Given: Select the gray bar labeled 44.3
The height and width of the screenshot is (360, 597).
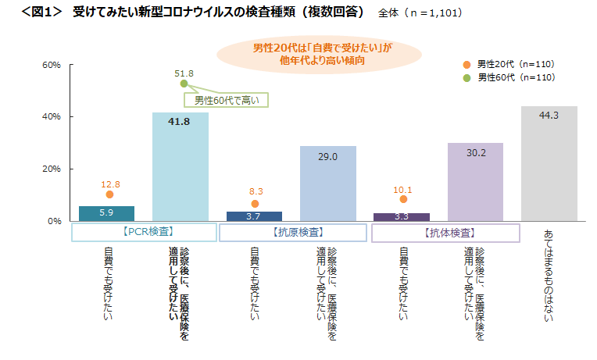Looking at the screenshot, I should pos(549,163).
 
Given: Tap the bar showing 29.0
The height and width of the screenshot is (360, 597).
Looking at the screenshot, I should pos(327,184).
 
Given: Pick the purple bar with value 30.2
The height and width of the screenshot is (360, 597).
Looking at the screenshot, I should pos(475,182).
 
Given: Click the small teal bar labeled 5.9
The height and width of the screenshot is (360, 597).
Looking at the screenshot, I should pos(106,213).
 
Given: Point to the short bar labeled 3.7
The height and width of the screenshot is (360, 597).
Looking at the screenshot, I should pos(254,216).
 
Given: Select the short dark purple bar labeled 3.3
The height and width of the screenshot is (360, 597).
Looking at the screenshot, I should pos(402,216).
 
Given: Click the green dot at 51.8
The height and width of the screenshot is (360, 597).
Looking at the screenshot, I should pos(184,84).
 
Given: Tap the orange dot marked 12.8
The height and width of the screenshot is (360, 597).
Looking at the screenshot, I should pos(109,194).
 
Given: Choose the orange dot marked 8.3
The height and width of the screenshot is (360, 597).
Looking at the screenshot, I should pos(255,204).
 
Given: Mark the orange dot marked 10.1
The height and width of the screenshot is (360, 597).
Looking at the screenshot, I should pos(403,199).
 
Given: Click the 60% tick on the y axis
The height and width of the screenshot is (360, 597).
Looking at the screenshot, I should pos(52,65).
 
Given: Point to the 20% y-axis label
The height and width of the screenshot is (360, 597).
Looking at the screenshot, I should pos(52,169).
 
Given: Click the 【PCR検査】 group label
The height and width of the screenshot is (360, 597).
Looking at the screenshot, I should pos(144,232).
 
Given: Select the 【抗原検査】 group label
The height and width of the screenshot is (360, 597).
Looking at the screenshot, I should pos(292,232).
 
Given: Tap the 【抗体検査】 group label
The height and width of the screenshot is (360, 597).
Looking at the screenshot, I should pos(445,232).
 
